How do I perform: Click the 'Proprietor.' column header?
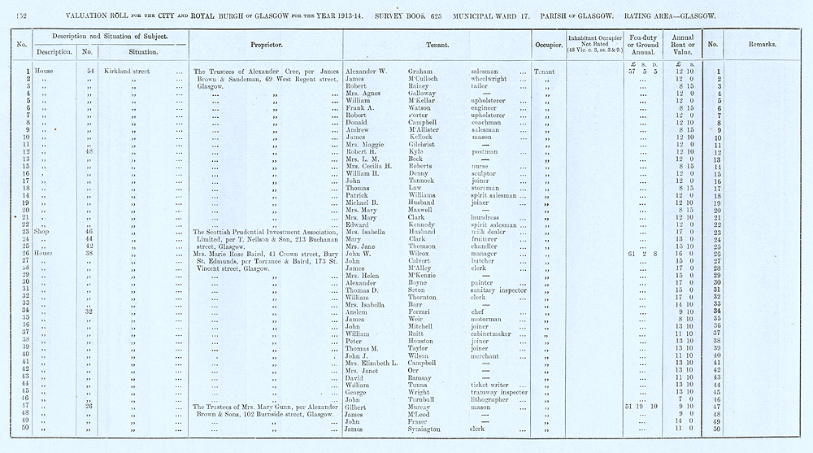(x=266, y=44)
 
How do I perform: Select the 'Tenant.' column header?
(x=437, y=44)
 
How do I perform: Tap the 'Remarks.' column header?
(x=762, y=44)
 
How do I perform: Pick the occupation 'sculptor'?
(x=486, y=174)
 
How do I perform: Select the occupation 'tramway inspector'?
(x=499, y=391)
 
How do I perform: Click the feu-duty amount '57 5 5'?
(x=642, y=72)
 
